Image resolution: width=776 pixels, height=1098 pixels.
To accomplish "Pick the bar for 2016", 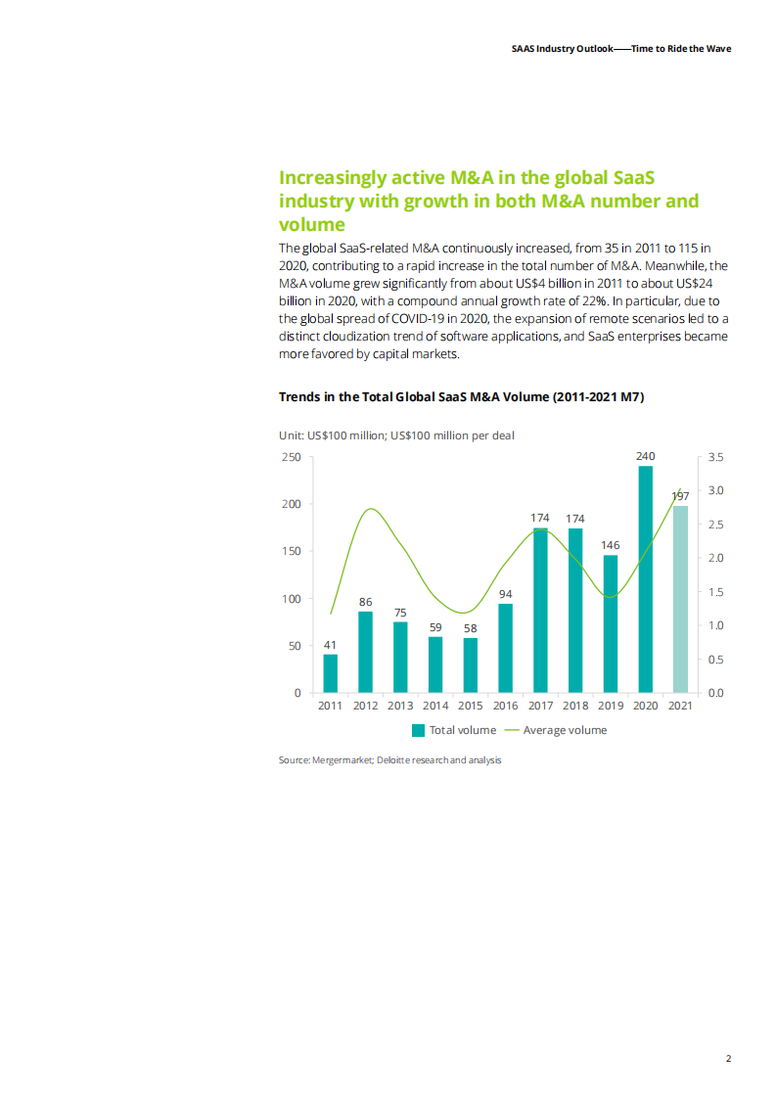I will click(505, 648).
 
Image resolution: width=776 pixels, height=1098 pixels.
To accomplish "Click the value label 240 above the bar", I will click(645, 456).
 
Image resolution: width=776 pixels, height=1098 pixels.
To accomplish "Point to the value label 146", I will click(611, 544).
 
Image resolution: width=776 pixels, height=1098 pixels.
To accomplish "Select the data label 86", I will click(365, 601).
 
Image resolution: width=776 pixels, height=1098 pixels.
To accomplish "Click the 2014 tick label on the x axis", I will click(435, 706).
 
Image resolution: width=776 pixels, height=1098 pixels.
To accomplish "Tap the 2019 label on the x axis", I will click(611, 706).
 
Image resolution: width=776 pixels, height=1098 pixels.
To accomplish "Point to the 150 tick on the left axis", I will click(292, 551).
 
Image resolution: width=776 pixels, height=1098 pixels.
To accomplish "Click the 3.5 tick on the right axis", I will click(714, 457).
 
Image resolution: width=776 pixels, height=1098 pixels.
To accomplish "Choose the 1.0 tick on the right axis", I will click(714, 625).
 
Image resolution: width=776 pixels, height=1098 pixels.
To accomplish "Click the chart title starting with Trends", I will click(461, 396).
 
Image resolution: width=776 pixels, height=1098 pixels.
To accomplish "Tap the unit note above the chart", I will click(396, 435).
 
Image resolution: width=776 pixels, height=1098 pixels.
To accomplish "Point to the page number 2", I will click(728, 1058).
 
